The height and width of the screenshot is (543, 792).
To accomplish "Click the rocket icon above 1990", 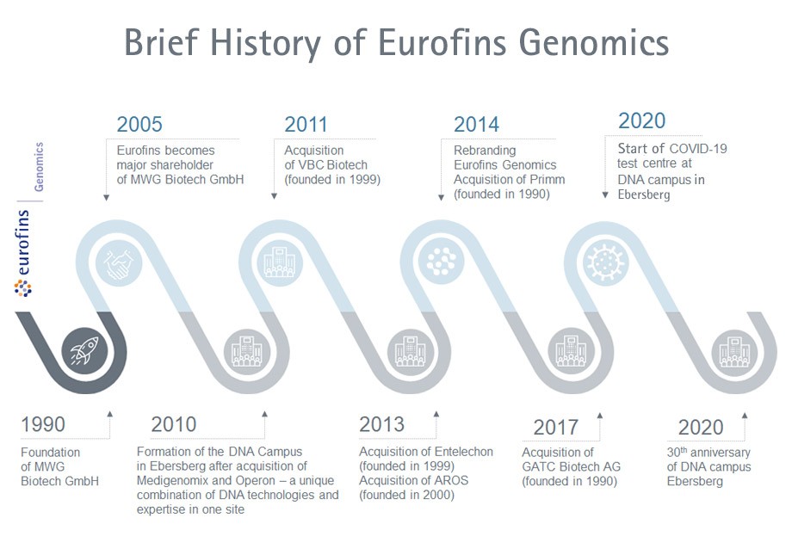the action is coord(84,351).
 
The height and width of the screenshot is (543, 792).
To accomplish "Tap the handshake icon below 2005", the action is coord(119,262).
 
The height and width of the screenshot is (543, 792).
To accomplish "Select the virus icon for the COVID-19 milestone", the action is coord(604,262).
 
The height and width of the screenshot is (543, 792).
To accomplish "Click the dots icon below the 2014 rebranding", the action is coord(442,261).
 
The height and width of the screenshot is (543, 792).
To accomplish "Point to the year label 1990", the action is coord(43,424).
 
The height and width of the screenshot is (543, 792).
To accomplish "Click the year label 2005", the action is coord(139,124).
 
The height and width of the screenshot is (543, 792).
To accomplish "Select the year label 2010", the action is coord(173,424).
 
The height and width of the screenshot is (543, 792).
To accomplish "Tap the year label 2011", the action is coord(306,124).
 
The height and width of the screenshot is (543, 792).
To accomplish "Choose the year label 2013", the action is coord(382,424).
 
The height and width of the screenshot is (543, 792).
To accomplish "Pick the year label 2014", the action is coord(476,124).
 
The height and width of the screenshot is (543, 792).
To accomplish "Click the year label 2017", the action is coord(555,428).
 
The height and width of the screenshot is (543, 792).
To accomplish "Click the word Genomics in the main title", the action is coord(594,42).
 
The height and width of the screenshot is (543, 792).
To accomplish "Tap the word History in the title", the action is coord(265,42).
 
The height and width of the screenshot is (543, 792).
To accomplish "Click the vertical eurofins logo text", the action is coord(22,243).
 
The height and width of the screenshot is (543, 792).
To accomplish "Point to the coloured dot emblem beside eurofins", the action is coord(22,288).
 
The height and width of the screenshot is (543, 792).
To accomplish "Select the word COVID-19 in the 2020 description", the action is coord(698,149).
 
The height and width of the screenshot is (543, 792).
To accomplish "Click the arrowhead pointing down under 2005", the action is coord(106,198).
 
